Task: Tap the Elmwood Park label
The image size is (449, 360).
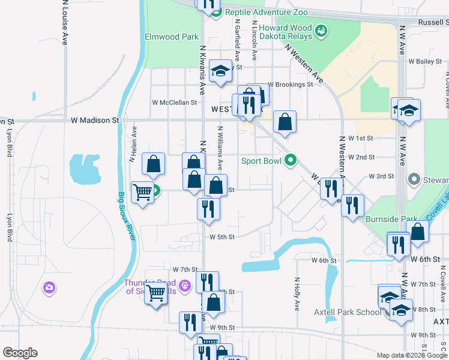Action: [x=172, y=37]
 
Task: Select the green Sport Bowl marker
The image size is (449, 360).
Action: [x=291, y=160]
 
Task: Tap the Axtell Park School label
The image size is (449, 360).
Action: [x=348, y=312]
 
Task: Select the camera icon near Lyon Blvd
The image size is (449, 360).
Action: [x=49, y=288]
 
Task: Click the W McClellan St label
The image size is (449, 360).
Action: [x=175, y=103]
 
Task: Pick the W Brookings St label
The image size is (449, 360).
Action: [x=291, y=85]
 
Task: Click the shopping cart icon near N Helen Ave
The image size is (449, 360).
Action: [x=143, y=193]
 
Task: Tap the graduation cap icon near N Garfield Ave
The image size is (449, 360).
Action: [x=220, y=71]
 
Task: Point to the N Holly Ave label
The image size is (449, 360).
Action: [x=297, y=293]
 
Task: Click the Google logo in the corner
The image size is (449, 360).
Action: [x=20, y=353]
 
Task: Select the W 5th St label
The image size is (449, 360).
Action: [x=221, y=237]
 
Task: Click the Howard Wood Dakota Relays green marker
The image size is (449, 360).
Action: [x=321, y=30]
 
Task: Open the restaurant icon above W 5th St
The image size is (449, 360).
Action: [x=208, y=209]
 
